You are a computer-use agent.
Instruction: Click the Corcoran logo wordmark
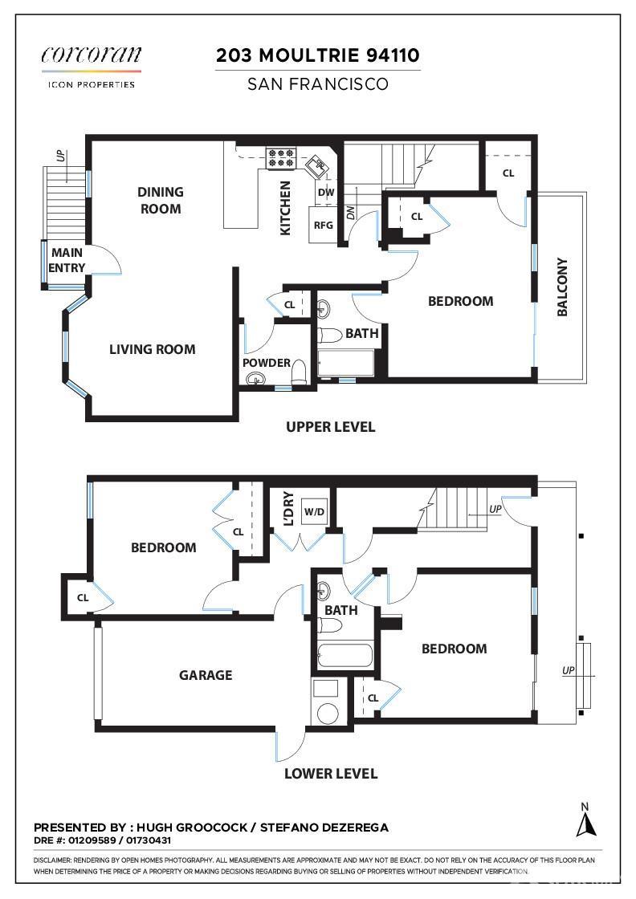pyautogui.click(x=92, y=55)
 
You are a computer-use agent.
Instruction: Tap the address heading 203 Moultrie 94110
pyautogui.click(x=318, y=55)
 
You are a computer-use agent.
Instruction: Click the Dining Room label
pyautogui.click(x=161, y=200)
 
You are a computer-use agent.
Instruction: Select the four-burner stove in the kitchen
pyautogui.click(x=280, y=158)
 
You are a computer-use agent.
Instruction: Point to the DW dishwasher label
pyautogui.click(x=326, y=192)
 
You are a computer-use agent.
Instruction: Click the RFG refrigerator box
pyautogui.click(x=324, y=225)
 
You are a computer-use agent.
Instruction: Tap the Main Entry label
pyautogui.click(x=67, y=260)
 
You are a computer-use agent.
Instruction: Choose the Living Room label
pyautogui.click(x=153, y=349)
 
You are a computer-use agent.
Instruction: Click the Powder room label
pyautogui.click(x=266, y=362)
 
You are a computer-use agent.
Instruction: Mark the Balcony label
pyautogui.click(x=563, y=287)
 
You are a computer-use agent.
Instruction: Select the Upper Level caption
pyautogui.click(x=330, y=426)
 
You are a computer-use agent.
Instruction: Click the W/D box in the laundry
pyautogui.click(x=314, y=511)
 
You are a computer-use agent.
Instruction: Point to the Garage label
pyautogui.click(x=206, y=675)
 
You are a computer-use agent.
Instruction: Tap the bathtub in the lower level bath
pyautogui.click(x=345, y=655)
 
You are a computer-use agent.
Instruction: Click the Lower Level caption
pyautogui.click(x=331, y=774)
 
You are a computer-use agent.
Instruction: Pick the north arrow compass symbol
pyautogui.click(x=585, y=820)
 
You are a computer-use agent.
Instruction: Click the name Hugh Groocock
pyautogui.click(x=192, y=828)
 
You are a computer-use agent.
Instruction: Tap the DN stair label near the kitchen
pyautogui.click(x=351, y=212)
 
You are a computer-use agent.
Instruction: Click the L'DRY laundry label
pyautogui.click(x=289, y=509)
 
